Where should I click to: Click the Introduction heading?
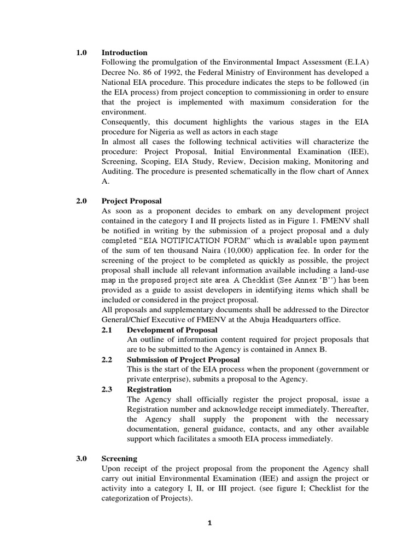(124, 52)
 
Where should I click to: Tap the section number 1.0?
(82, 52)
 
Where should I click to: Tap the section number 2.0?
(82, 201)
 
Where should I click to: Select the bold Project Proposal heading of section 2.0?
(131, 201)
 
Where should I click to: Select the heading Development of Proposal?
(172, 330)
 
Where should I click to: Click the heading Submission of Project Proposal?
(183, 359)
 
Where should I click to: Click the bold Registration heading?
(149, 389)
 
